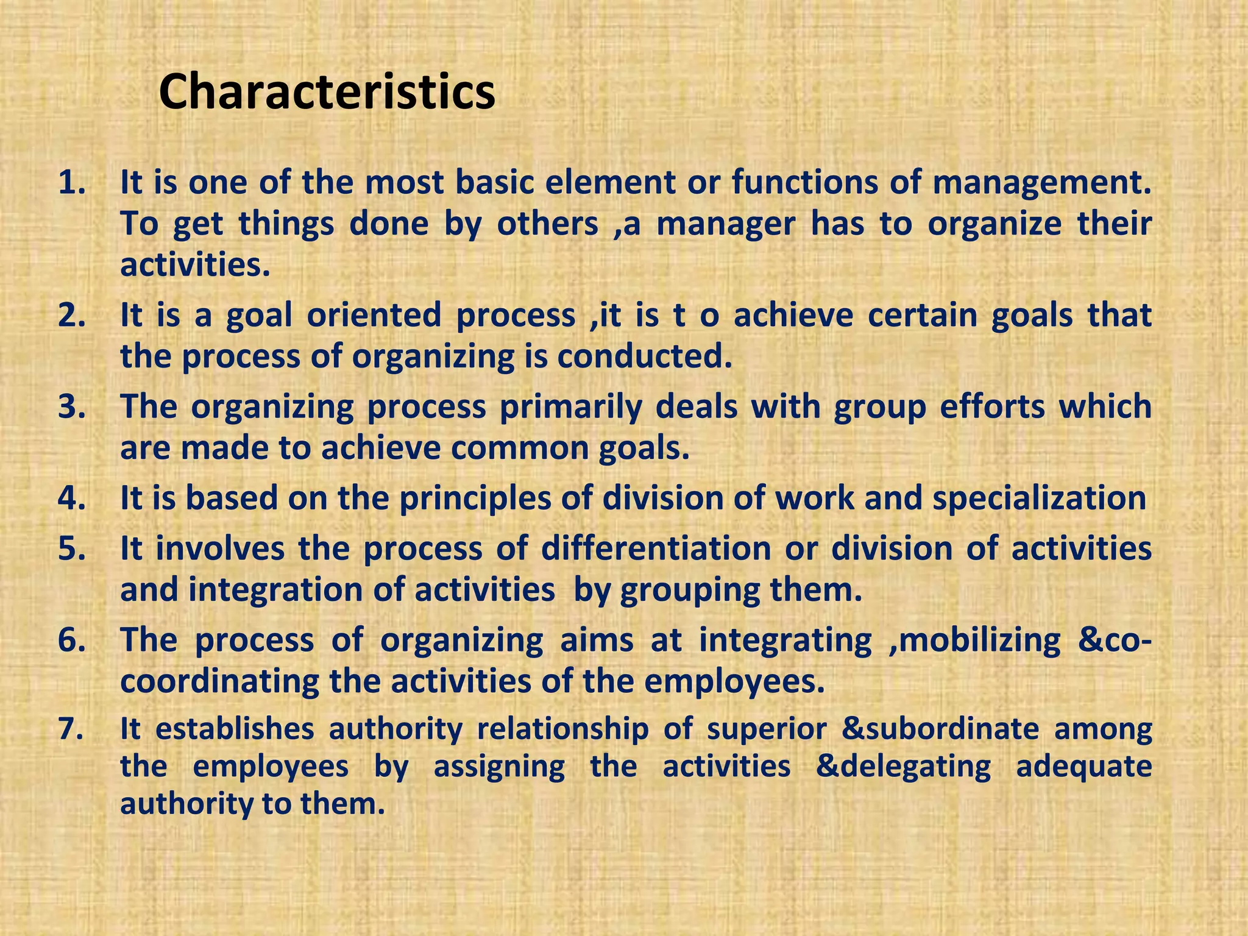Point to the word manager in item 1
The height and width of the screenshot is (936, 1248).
(726, 224)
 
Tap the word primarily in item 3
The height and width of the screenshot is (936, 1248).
(571, 407)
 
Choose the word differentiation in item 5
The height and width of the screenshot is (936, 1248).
(656, 548)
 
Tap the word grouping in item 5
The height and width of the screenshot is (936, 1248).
(689, 590)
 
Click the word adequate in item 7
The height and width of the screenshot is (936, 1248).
(1083, 767)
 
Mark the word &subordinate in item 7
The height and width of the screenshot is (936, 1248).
(940, 729)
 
